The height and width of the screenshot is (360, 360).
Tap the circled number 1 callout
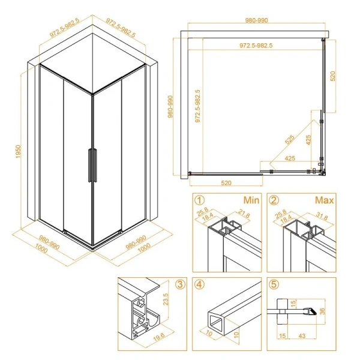tap(200, 200)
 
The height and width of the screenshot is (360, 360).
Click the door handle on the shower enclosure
tap(91, 163)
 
